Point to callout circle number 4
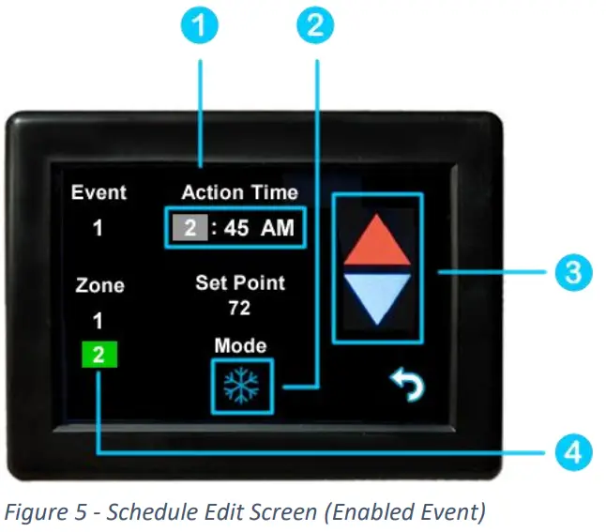point(571,452)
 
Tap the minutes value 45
point(236,226)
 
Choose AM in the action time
point(279,226)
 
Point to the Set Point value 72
point(240,307)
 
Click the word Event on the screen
point(98,192)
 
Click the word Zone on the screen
point(98,285)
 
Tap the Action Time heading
point(239,192)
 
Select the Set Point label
point(240,282)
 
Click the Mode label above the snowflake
point(240,344)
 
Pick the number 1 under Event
point(98,227)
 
